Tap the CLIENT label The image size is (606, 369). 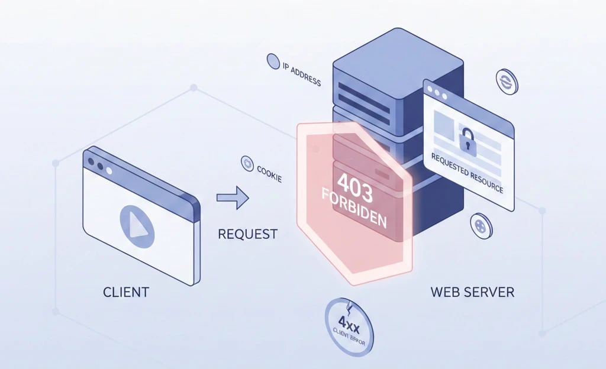126,292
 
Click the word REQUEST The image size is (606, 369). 247,234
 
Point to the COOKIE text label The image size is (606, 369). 269,174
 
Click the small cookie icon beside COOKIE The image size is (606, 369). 246,164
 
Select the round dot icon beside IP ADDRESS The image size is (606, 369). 273,61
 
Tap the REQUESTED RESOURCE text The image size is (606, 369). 467,173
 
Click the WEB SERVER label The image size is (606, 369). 472,292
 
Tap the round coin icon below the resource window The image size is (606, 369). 481,225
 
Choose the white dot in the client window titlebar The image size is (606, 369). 109,171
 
